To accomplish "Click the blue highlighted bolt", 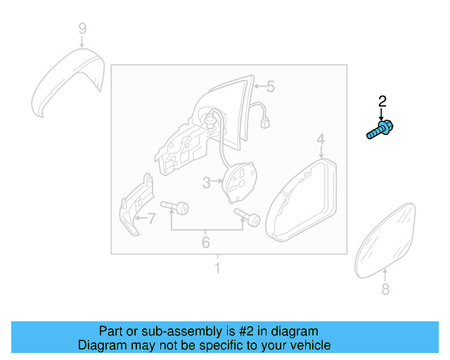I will [380, 130].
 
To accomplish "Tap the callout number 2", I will [382, 101].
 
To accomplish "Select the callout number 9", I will [82, 29].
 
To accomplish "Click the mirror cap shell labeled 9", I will [67, 81].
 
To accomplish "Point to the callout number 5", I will [270, 87].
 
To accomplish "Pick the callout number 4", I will [320, 139].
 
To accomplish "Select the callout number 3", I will [207, 183].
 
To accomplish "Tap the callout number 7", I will [150, 219].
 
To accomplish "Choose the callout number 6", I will [206, 243].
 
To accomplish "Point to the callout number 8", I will [385, 290].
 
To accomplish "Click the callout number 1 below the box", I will [217, 269].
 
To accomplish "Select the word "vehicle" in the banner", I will [308, 345].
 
